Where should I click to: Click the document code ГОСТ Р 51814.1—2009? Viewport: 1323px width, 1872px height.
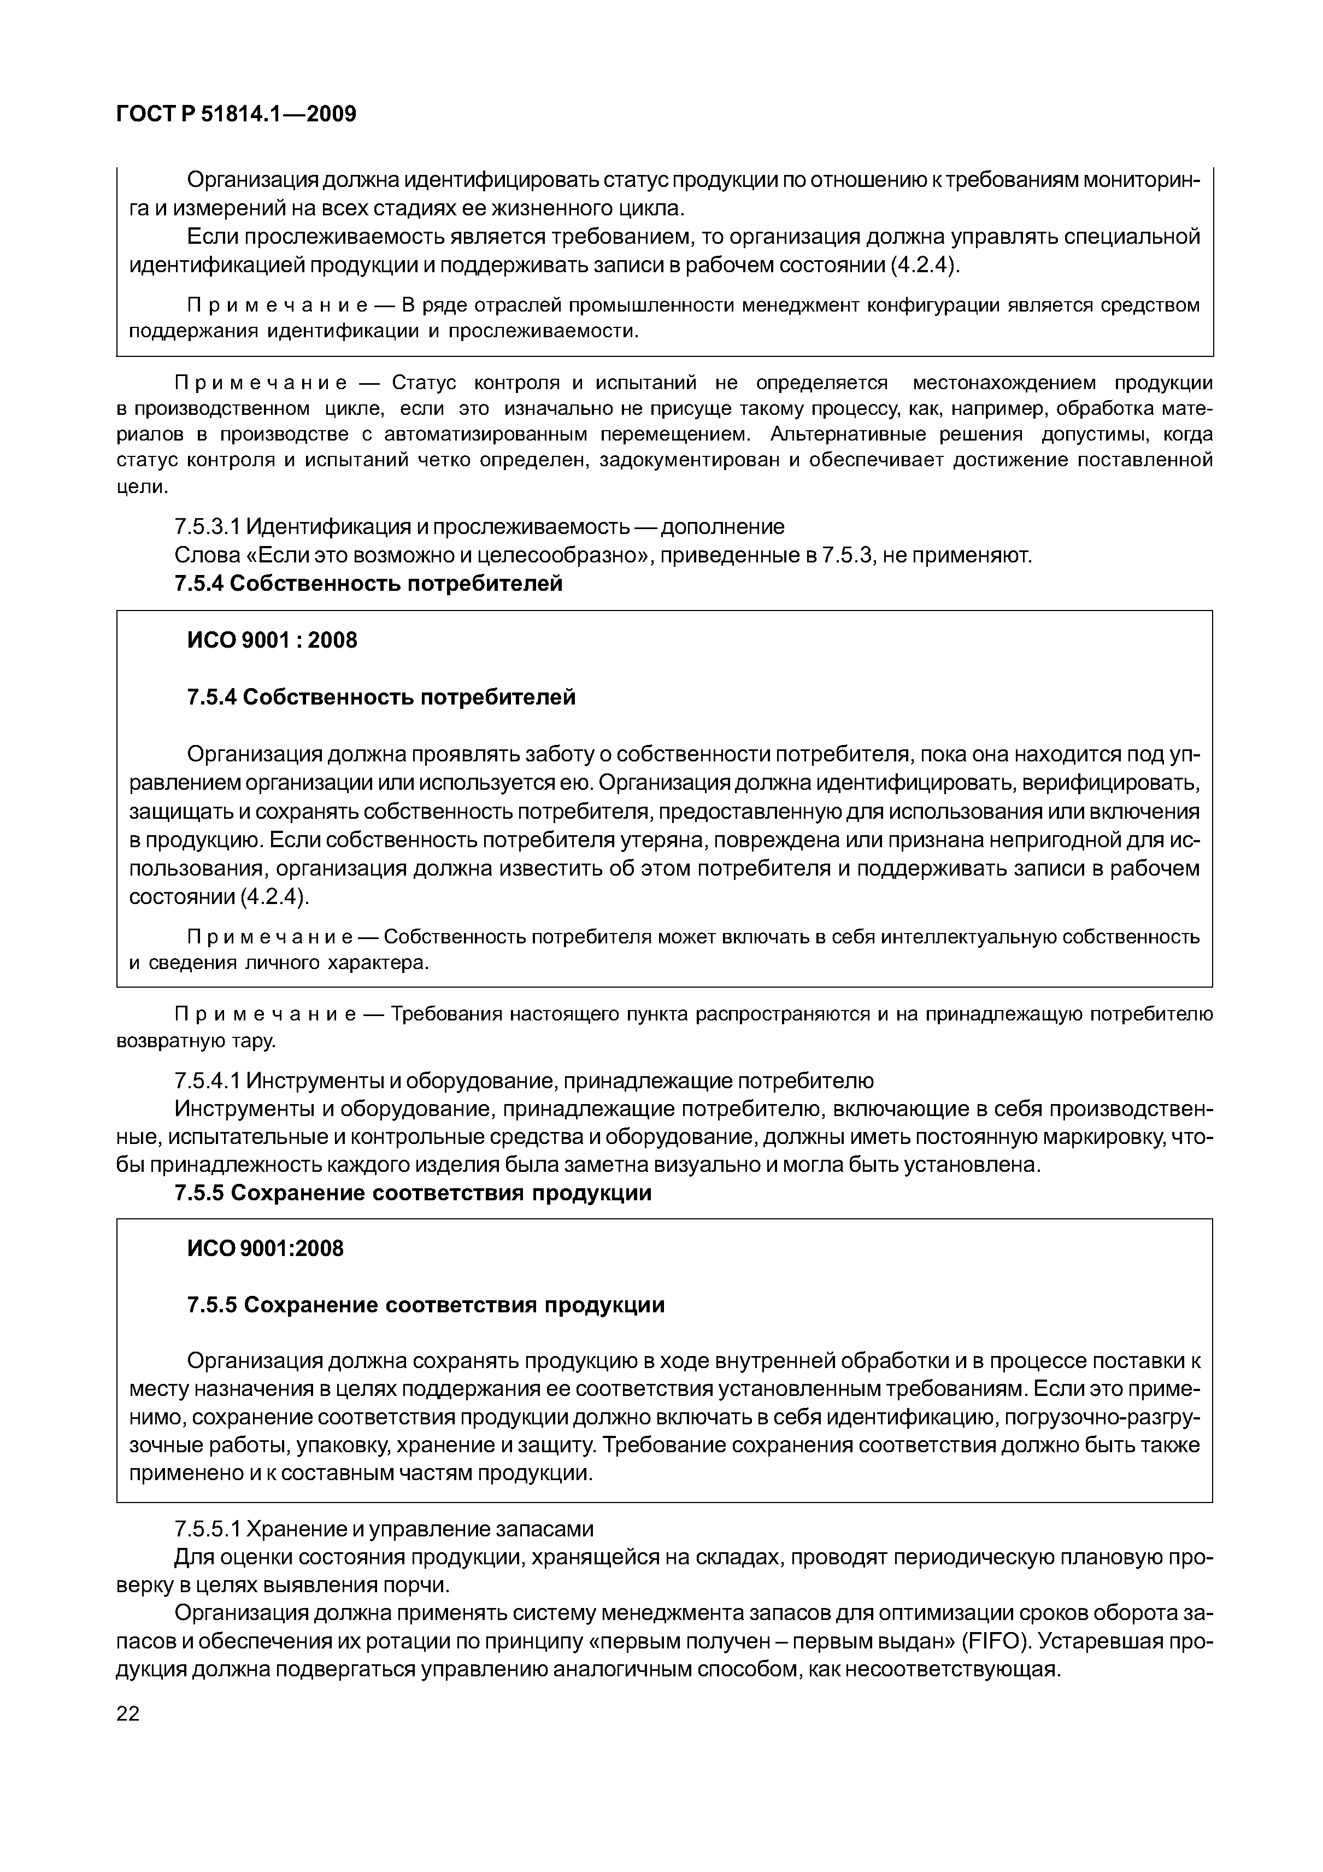237,114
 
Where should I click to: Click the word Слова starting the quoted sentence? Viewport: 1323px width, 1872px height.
206,555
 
